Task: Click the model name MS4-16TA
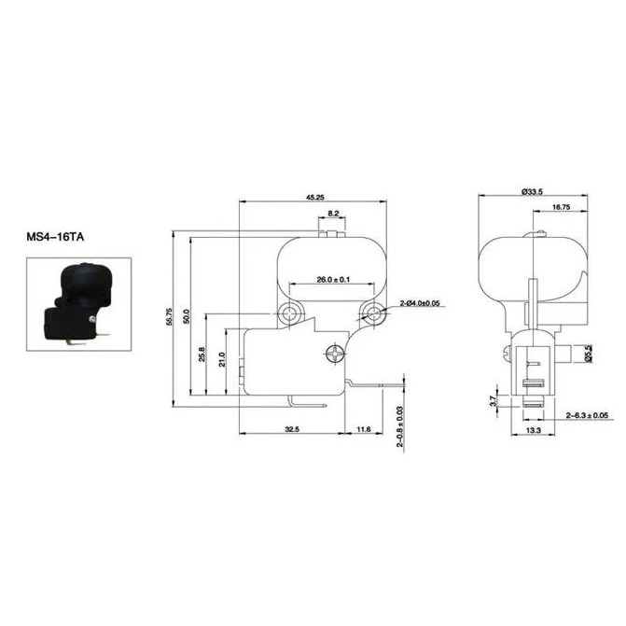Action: [x=55, y=237]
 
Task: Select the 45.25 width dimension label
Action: [x=315, y=197]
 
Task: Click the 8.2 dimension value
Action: [x=333, y=214]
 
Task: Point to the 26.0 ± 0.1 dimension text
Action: [x=333, y=280]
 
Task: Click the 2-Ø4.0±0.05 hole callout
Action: [x=420, y=303]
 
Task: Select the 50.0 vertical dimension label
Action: [x=187, y=316]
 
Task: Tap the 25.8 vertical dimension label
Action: [x=202, y=355]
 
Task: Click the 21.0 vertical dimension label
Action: [x=222, y=359]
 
